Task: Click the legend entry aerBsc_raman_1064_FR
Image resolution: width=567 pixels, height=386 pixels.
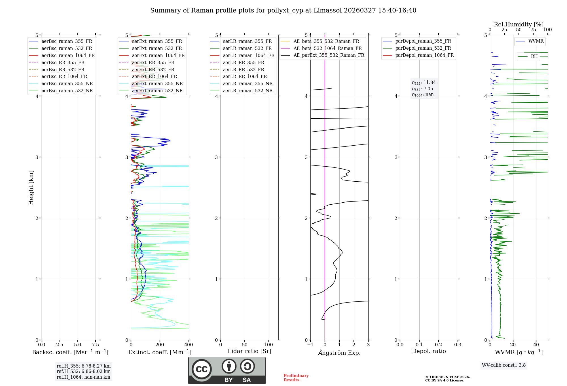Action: pyautogui.click(x=68, y=55)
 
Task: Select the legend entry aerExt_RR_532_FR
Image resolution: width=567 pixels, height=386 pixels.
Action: pyautogui.click(x=153, y=70)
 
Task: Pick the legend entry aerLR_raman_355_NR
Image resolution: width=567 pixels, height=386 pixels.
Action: pyautogui.click(x=247, y=83)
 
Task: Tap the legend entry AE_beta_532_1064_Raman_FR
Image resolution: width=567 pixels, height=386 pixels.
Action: pyautogui.click(x=327, y=48)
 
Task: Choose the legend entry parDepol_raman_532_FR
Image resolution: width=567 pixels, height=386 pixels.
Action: pyautogui.click(x=423, y=48)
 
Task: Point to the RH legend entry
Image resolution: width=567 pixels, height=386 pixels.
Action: pyautogui.click(x=534, y=56)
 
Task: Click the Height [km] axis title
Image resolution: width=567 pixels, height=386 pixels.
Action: pyautogui.click(x=31, y=187)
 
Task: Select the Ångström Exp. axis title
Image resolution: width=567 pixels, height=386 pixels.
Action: pyautogui.click(x=339, y=353)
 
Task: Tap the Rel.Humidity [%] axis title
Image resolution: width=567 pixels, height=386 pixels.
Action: pyautogui.click(x=519, y=24)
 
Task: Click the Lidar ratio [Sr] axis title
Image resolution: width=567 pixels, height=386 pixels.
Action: pyautogui.click(x=249, y=351)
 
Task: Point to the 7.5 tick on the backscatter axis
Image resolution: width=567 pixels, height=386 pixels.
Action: pyautogui.click(x=96, y=345)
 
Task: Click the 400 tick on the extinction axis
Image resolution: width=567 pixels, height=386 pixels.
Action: pyautogui.click(x=189, y=345)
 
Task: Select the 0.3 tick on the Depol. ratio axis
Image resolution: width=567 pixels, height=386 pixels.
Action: pyautogui.click(x=458, y=345)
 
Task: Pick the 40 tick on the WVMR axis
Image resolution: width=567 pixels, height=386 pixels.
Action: pyautogui.click(x=536, y=345)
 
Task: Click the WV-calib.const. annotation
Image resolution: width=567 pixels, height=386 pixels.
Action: pyautogui.click(x=503, y=365)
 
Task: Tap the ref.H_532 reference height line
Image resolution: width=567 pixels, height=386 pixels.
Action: pyautogui.click(x=83, y=371)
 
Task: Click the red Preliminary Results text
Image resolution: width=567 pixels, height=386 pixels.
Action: pyautogui.click(x=296, y=378)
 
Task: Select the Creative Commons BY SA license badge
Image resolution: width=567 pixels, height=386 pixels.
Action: pyautogui.click(x=227, y=370)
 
